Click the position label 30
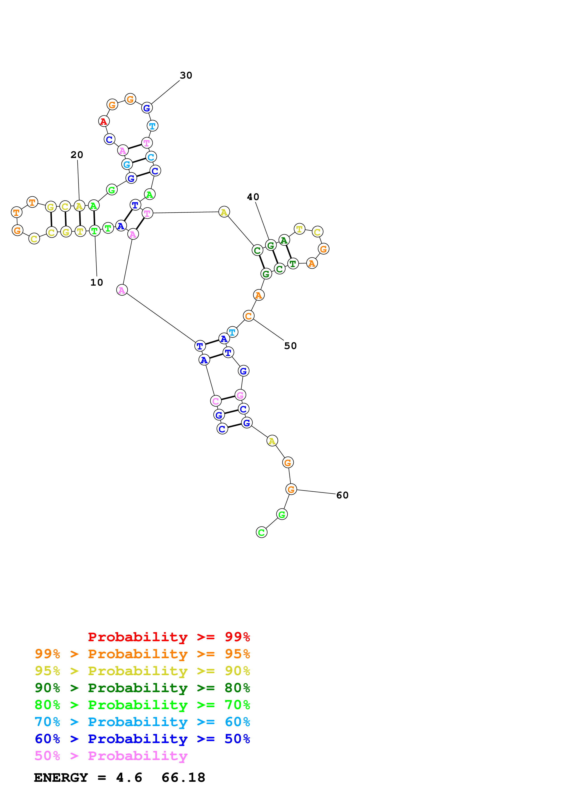point(186,75)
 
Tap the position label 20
point(77,155)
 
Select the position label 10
point(96,282)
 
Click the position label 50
point(290,346)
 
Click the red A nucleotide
point(104,121)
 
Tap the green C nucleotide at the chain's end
point(261,532)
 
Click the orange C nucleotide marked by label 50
point(248,316)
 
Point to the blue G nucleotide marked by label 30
point(147,108)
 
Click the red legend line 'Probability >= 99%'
point(169,637)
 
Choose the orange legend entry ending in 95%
point(142,654)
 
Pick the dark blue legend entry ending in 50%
point(142,739)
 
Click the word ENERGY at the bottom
point(61,777)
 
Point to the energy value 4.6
point(129,777)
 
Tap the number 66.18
point(183,777)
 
